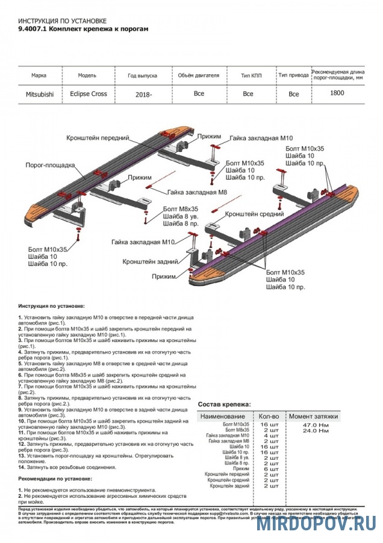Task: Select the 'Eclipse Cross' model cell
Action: point(87,95)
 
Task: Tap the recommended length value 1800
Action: point(337,93)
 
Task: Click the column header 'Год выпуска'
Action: point(142,76)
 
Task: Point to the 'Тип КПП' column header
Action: point(248,76)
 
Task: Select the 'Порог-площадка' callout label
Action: point(50,164)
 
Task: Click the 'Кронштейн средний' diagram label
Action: point(254,214)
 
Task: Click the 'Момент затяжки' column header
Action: point(313,416)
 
